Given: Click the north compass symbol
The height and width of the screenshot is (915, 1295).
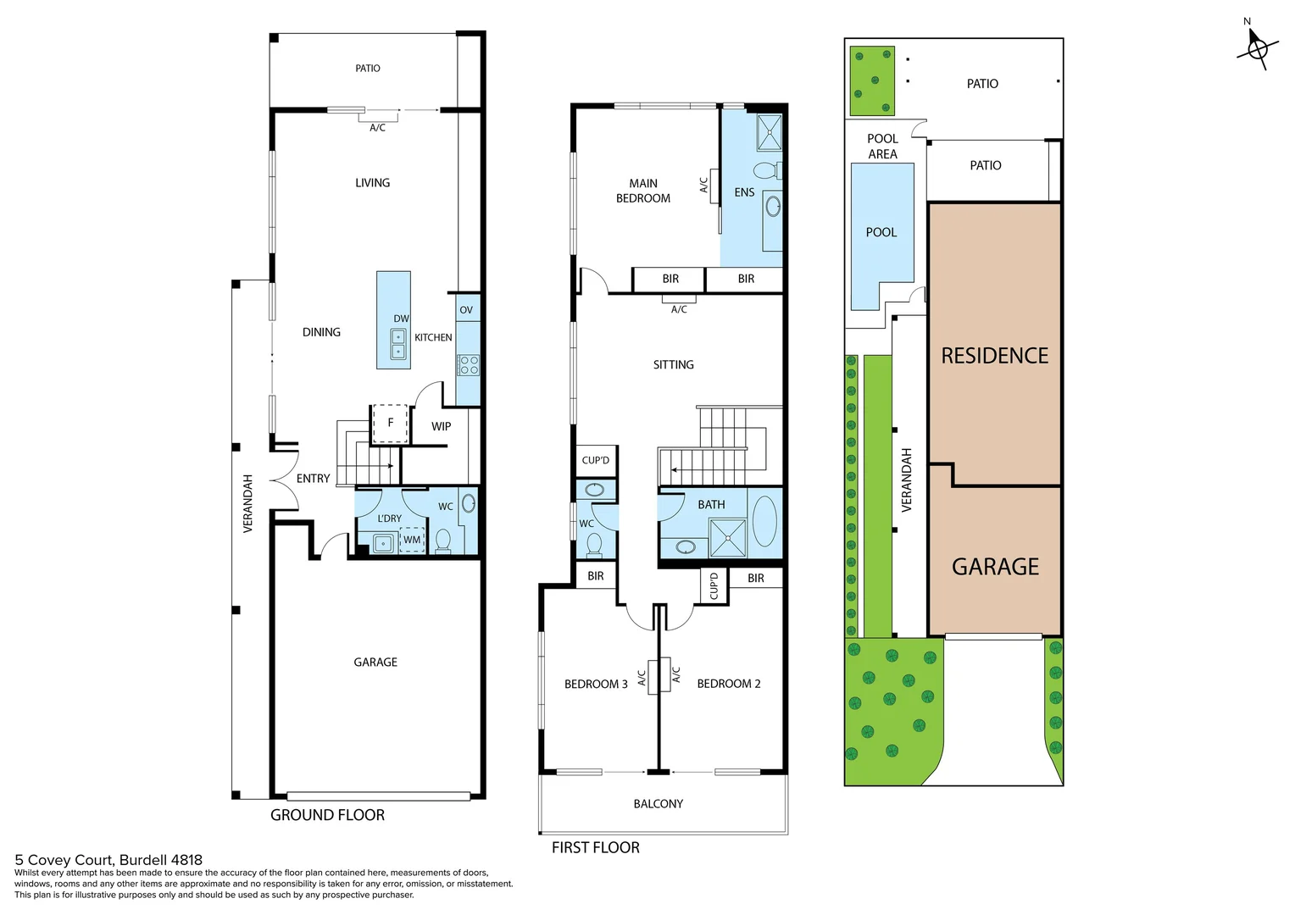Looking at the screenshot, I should point(1257,47).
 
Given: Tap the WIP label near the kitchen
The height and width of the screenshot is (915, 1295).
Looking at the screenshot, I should point(441,426).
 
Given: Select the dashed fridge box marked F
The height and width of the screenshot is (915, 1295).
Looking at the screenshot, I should point(390,423).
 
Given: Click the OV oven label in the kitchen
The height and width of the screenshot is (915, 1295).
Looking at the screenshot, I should point(466,310).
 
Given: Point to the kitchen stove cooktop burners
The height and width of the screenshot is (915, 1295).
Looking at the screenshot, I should point(469,365).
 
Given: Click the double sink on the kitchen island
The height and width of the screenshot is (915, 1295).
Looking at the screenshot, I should point(397,344).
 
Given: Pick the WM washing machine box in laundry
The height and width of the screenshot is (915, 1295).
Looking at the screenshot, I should point(412,540).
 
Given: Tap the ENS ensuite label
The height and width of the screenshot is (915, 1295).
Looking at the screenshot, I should point(744,192).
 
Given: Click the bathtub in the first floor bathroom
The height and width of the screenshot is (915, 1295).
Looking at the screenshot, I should point(764,521).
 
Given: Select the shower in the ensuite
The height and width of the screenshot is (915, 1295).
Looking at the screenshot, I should point(769,132).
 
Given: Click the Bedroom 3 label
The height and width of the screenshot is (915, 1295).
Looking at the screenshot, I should point(596,684).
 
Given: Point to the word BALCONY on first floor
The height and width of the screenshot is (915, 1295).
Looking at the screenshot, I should point(658,803).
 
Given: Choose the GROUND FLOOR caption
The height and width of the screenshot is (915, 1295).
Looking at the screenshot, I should point(327,815).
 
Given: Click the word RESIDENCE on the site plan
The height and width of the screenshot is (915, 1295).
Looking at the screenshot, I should point(994,356).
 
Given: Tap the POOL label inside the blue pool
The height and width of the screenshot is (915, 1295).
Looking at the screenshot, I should point(881,232).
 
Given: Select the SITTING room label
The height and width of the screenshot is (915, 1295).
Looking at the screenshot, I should point(673,364).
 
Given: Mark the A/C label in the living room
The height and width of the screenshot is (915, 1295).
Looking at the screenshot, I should point(377,128).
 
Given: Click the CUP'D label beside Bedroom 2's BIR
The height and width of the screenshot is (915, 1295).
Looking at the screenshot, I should point(714,585).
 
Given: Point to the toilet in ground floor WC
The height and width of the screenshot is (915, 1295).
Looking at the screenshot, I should point(442,540).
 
